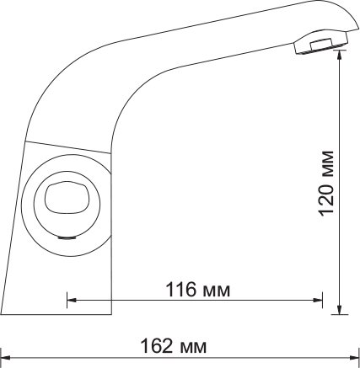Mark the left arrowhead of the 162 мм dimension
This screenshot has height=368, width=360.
[x=6, y=357]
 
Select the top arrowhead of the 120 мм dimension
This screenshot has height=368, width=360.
[x=340, y=56]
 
